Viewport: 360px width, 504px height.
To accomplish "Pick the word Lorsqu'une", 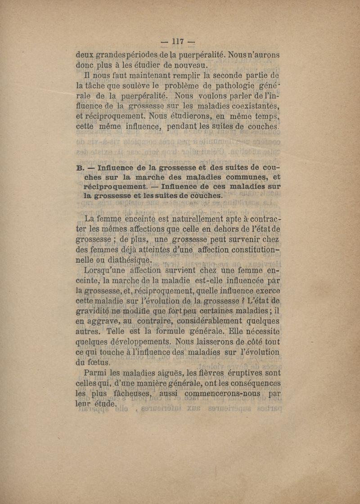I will coord(110,270).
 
